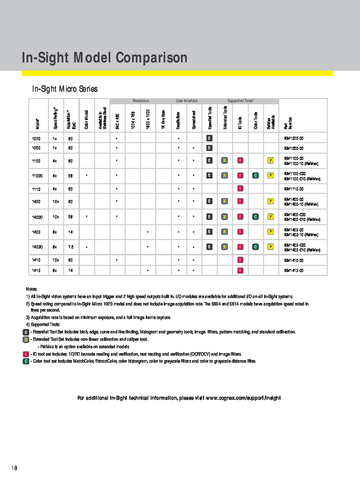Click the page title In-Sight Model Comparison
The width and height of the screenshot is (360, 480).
(105, 58)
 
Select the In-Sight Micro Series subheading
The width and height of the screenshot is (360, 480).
(65, 89)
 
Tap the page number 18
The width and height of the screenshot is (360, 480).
(14, 468)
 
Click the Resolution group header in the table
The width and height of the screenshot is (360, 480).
(141, 101)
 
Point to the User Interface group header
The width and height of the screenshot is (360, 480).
(187, 101)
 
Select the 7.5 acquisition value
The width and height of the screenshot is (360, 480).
(71, 247)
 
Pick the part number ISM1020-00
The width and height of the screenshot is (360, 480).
(294, 138)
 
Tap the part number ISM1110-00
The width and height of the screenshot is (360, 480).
(294, 189)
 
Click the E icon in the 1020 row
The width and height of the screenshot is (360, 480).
(209, 138)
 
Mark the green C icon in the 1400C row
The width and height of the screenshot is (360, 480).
(255, 216)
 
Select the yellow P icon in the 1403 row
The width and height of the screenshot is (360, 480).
(271, 232)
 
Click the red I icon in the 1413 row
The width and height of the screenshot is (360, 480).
(240, 271)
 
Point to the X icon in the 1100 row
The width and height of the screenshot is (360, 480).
(224, 161)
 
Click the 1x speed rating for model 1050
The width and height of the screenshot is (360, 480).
(55, 148)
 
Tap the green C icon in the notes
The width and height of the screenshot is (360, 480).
(26, 361)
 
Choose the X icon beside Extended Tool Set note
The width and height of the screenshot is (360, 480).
(26, 339)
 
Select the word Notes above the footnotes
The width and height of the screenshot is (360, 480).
(31, 289)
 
